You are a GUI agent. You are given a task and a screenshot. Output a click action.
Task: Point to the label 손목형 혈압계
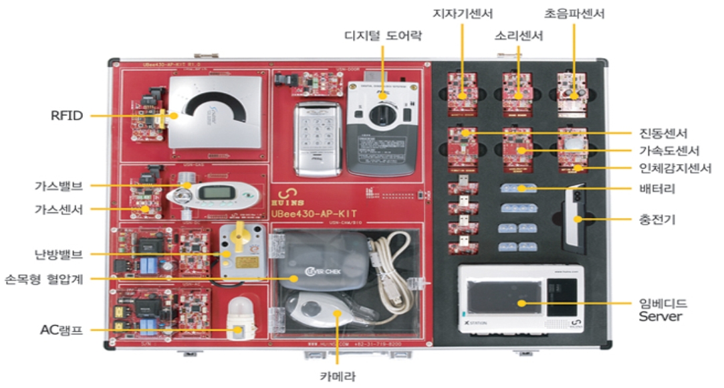point(46,278)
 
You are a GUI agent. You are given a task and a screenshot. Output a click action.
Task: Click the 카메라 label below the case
point(338,376)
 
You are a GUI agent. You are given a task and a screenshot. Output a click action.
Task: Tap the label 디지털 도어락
point(384,35)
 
